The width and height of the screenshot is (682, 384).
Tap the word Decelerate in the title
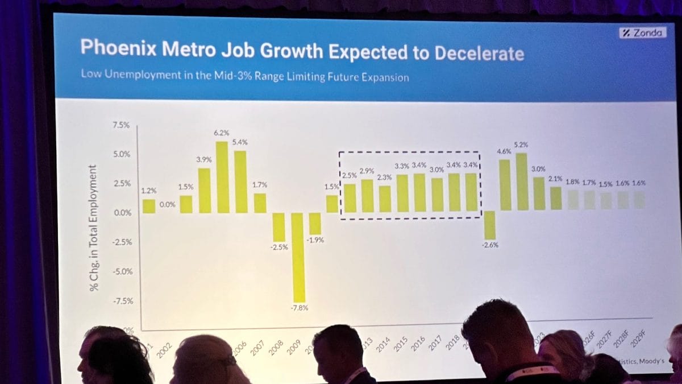click(479, 53)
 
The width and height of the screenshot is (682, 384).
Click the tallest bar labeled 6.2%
click(222, 177)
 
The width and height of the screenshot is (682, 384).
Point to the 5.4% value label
click(240, 142)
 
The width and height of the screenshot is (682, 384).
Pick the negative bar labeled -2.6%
click(490, 225)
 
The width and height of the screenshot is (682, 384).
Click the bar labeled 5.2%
click(522, 182)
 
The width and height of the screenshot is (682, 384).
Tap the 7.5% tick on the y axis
click(121, 125)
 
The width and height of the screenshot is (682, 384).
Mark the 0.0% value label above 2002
click(167, 204)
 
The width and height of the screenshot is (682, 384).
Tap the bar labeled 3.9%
click(205, 191)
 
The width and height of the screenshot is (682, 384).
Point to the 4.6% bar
click(504, 185)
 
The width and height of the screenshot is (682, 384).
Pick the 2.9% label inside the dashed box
click(367, 171)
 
